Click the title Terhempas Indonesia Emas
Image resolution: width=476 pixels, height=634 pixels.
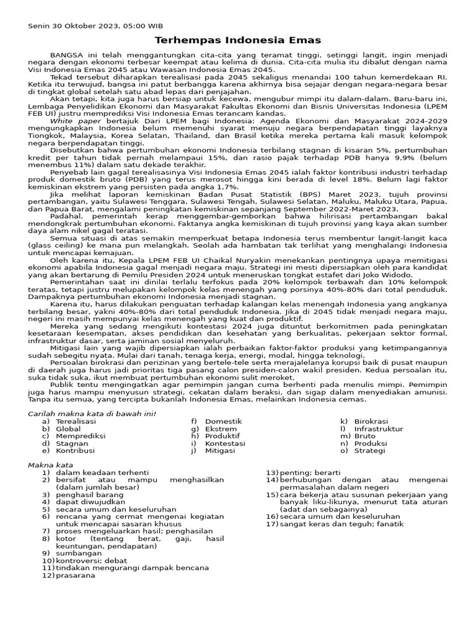[x=237, y=40]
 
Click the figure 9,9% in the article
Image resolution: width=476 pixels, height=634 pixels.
[x=379, y=158]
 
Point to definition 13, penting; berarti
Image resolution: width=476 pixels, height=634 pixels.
[x=304, y=472]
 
